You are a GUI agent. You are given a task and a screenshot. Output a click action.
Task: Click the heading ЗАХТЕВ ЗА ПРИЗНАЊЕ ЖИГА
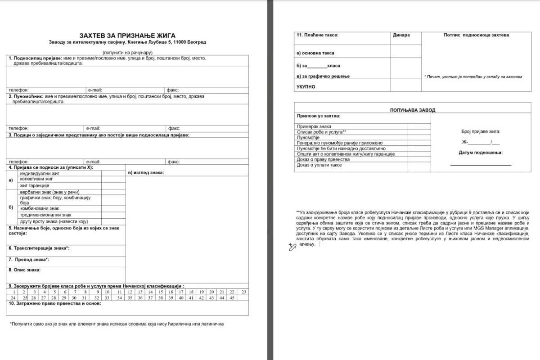click(127, 36)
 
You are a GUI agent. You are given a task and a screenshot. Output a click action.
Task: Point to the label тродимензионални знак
click(45, 215)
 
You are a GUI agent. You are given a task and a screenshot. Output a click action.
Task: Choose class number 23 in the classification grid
click(243, 292)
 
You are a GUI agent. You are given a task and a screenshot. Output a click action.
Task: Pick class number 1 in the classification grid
click(13, 292)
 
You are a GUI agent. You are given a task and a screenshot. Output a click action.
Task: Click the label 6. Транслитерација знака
click(39, 248)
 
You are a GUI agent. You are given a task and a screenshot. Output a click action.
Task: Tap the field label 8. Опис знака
click(25, 270)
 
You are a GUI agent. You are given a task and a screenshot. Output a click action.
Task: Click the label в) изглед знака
click(146, 173)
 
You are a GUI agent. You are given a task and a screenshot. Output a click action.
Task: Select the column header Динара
click(401, 35)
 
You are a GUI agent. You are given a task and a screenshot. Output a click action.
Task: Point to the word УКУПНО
click(306, 86)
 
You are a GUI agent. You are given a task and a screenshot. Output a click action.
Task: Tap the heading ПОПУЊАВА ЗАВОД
click(413, 110)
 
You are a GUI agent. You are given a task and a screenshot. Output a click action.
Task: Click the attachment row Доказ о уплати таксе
click(319, 165)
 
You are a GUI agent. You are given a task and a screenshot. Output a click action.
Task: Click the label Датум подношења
click(481, 153)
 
